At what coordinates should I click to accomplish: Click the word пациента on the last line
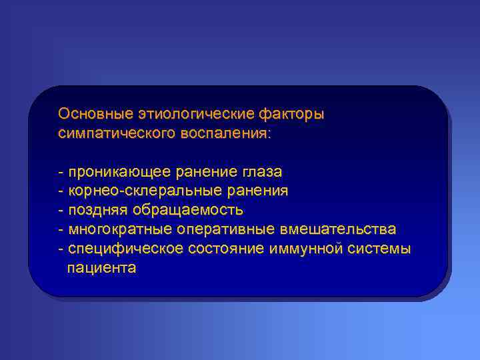pos(101,268)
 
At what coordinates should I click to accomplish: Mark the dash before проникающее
pos(61,171)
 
